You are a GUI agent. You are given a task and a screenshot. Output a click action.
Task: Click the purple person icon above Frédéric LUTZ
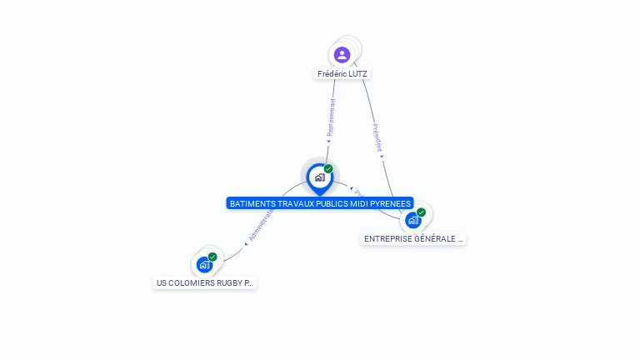click(x=342, y=55)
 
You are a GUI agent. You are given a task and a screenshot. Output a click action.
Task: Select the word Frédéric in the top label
click(x=332, y=74)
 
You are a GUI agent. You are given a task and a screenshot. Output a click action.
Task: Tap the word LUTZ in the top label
click(x=357, y=74)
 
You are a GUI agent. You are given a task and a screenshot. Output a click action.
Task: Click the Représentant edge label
click(x=331, y=118)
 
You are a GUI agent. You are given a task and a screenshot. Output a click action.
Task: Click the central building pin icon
click(x=319, y=177)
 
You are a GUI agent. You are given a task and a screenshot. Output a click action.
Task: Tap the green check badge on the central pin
click(x=328, y=169)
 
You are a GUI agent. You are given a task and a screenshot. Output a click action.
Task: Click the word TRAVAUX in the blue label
click(x=288, y=203)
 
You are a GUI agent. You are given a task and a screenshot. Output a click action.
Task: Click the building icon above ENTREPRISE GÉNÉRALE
click(x=412, y=220)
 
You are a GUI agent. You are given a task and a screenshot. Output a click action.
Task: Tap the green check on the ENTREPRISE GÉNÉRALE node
click(x=422, y=212)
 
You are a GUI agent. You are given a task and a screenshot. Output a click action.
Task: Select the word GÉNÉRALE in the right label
click(x=430, y=239)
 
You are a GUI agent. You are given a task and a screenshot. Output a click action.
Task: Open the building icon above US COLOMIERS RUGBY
click(x=204, y=265)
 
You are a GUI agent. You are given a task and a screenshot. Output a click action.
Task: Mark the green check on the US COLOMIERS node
click(x=212, y=257)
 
